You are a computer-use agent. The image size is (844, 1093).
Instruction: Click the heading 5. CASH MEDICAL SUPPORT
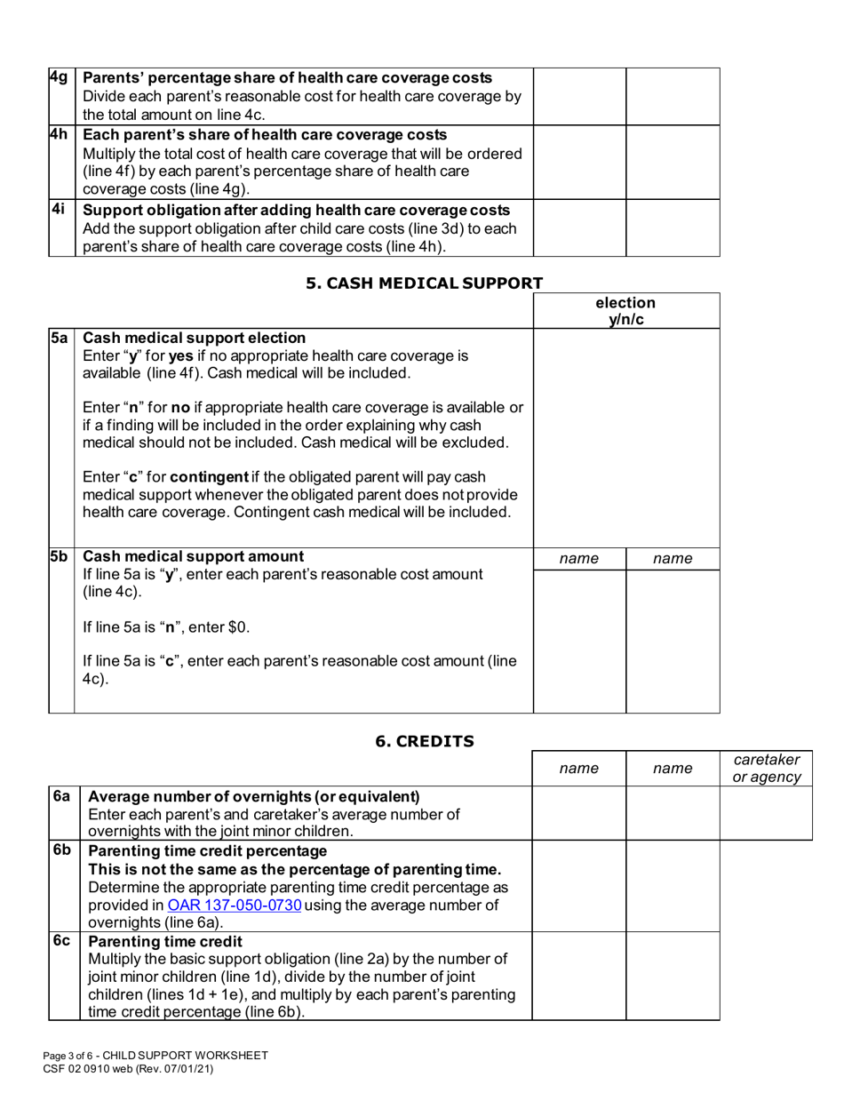[424, 283]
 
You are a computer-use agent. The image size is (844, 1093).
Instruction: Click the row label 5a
[60, 338]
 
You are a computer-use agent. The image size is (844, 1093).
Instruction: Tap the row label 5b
[60, 556]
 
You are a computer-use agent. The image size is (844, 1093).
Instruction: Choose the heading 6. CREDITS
[424, 740]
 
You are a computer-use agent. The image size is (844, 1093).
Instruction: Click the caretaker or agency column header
[766, 769]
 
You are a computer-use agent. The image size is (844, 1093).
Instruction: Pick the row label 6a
[61, 796]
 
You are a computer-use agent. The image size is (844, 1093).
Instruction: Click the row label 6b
[61, 850]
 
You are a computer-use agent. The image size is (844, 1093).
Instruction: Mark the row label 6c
[61, 940]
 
